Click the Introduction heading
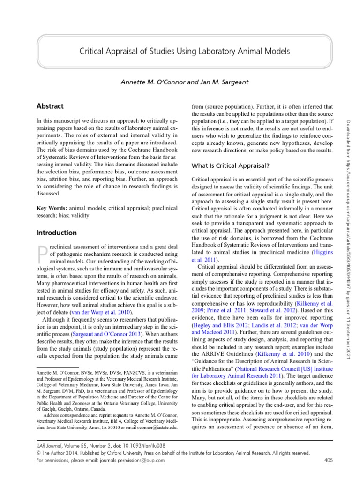coord(56,232)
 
